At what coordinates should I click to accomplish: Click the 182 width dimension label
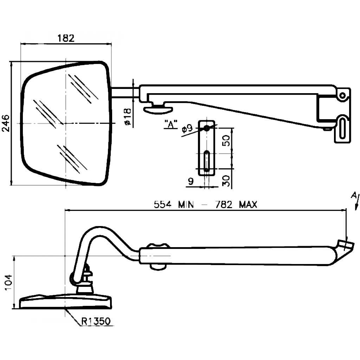click(x=66, y=38)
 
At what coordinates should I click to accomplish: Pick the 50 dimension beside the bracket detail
click(x=227, y=140)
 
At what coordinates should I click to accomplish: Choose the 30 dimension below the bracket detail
click(x=227, y=180)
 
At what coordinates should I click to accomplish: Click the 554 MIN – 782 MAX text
click(x=205, y=205)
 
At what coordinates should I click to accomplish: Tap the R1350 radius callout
click(x=96, y=321)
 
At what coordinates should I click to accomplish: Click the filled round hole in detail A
click(x=207, y=128)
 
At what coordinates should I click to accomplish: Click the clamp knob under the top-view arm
click(x=157, y=109)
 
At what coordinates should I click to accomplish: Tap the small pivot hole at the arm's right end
click(x=342, y=95)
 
